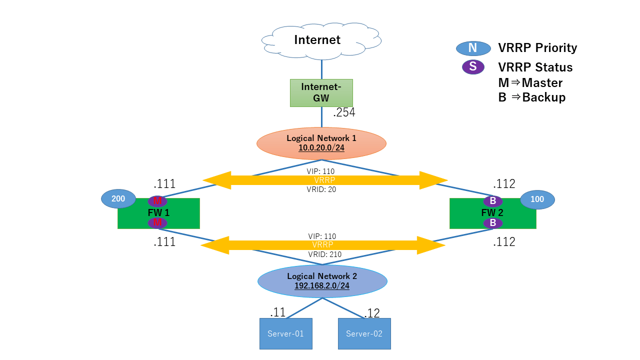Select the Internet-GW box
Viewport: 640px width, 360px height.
point(321,92)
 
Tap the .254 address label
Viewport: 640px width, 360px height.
point(344,113)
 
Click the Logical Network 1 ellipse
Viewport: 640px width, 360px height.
point(321,143)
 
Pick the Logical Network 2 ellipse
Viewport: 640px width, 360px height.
point(322,281)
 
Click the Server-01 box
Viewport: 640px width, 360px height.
point(285,333)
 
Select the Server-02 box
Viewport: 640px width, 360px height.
point(364,333)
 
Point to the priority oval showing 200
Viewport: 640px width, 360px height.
point(118,199)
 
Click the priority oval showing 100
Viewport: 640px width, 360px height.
point(537,199)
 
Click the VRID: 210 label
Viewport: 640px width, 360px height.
point(324,254)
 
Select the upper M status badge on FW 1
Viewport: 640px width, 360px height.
point(157,201)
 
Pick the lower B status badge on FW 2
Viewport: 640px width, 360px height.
point(492,223)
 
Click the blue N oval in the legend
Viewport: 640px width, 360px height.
point(472,48)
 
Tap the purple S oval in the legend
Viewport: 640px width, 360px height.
point(472,67)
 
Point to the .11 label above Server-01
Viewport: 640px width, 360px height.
point(277,312)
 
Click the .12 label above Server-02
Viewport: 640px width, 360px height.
point(372,313)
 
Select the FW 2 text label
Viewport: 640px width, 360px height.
point(492,212)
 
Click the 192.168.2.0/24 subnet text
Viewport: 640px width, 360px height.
point(322,286)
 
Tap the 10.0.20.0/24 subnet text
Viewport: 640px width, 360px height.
point(321,148)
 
